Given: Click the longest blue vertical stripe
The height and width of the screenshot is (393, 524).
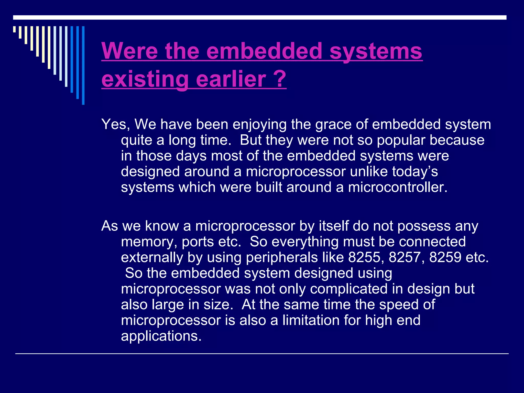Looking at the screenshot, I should (x=83, y=65).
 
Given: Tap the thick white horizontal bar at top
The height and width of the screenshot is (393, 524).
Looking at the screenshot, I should (x=260, y=17).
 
